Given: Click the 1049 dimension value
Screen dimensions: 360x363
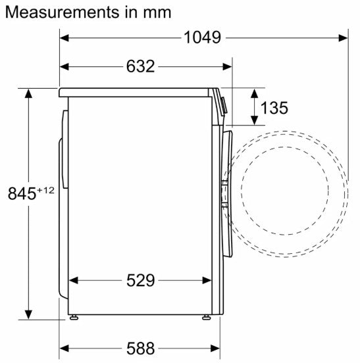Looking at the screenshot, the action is point(202,37).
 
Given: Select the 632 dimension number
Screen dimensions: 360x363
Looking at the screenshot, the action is point(140,66).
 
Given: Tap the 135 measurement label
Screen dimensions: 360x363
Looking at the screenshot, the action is point(274,108).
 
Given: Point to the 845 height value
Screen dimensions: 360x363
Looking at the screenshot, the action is point(22,194).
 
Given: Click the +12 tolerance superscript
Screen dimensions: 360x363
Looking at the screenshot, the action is point(45,190).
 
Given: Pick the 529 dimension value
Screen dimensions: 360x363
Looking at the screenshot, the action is point(140,280).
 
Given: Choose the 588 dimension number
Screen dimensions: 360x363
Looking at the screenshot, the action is point(140,348).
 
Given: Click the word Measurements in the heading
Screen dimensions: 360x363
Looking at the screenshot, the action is point(62,12).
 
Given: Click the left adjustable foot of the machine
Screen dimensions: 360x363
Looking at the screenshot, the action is point(74,318).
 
